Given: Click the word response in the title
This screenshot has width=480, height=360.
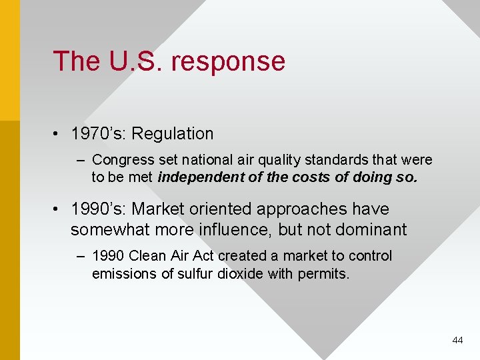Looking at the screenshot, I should tap(228, 62).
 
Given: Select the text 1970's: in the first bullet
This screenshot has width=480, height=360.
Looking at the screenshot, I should tap(99, 134).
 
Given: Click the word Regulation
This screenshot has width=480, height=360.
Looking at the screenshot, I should tap(173, 134).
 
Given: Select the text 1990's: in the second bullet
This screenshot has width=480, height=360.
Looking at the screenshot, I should tap(99, 209).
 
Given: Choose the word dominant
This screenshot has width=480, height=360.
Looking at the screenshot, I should tap(371, 230).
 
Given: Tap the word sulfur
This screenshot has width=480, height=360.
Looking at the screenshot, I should tap(196, 273).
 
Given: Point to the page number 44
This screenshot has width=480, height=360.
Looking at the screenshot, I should tap(457, 340).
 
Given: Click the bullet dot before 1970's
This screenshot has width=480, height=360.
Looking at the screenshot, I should tap(59, 135).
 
